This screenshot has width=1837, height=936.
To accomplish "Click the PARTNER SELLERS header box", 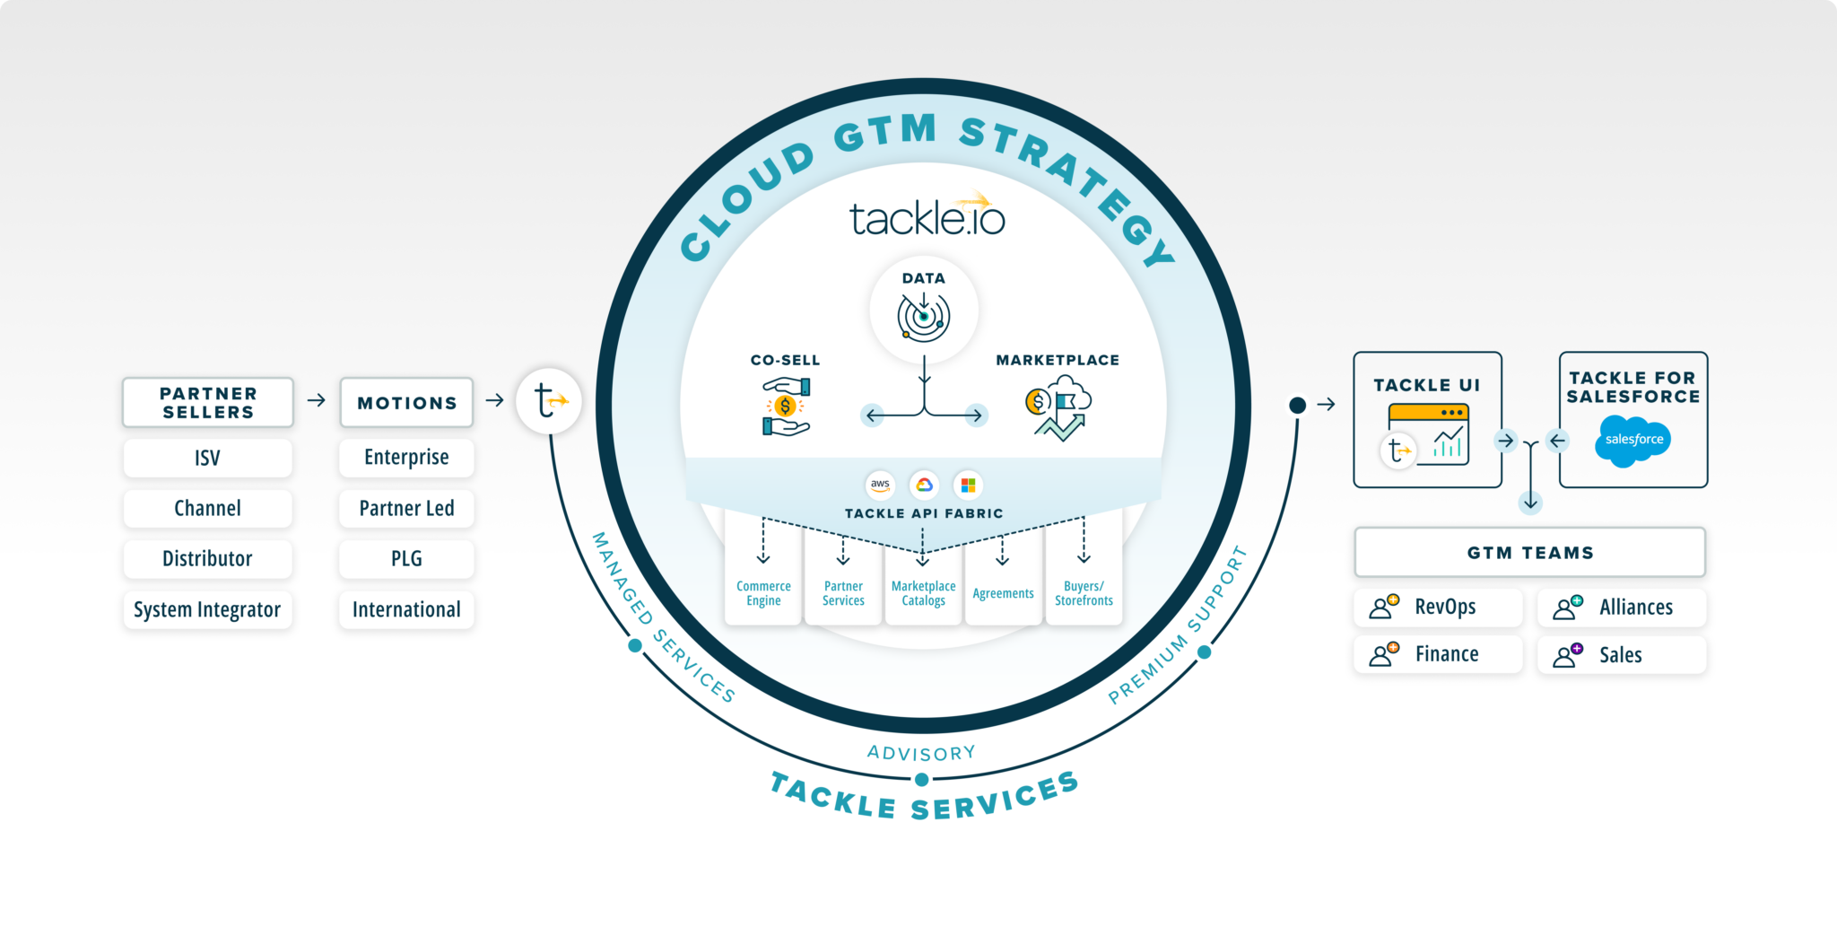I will click(208, 403).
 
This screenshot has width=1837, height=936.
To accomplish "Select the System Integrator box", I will click(207, 610).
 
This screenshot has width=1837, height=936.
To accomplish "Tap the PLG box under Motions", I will click(406, 559).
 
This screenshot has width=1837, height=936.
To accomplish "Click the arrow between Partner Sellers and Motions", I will click(316, 400).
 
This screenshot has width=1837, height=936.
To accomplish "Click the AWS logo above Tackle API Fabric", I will click(880, 485).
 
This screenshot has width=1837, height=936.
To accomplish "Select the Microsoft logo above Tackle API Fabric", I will click(968, 485).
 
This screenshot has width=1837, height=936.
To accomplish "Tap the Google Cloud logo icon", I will click(924, 485).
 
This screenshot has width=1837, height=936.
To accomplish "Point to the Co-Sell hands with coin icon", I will click(786, 407).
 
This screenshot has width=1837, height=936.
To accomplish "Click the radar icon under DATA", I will click(924, 317).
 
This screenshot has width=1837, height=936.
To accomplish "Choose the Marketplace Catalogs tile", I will click(923, 592).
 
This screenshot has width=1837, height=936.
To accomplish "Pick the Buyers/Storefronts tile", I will click(1084, 592).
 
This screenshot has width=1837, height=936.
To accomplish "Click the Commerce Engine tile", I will click(763, 592).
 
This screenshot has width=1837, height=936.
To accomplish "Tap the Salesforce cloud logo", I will click(1633, 440).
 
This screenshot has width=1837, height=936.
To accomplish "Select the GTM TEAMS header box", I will click(1529, 553).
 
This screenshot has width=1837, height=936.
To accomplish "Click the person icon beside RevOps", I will click(1383, 607).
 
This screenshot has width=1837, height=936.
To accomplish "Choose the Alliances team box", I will click(1622, 608).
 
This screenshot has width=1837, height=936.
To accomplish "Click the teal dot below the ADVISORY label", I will click(921, 780).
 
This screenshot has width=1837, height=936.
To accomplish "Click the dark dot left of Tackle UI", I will click(1297, 405).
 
